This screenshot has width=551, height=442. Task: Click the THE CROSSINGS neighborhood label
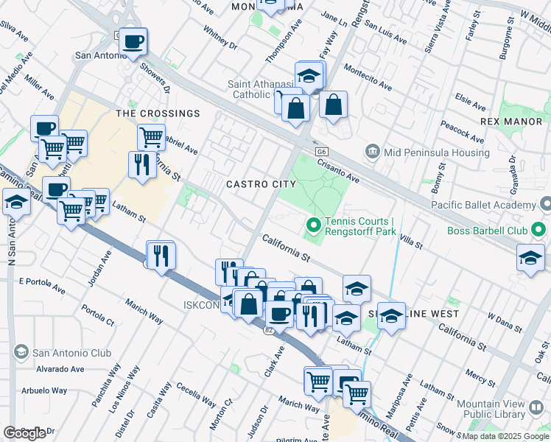[158, 113]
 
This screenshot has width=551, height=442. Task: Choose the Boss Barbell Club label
[488, 231]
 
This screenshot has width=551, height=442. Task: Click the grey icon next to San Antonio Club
[20, 352]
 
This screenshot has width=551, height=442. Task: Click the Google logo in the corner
[25, 432]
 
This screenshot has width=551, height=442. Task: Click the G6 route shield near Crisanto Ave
[322, 151]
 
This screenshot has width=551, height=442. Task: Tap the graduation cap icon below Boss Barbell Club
[530, 259]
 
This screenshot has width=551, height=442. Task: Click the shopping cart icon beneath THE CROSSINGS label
[151, 136]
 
